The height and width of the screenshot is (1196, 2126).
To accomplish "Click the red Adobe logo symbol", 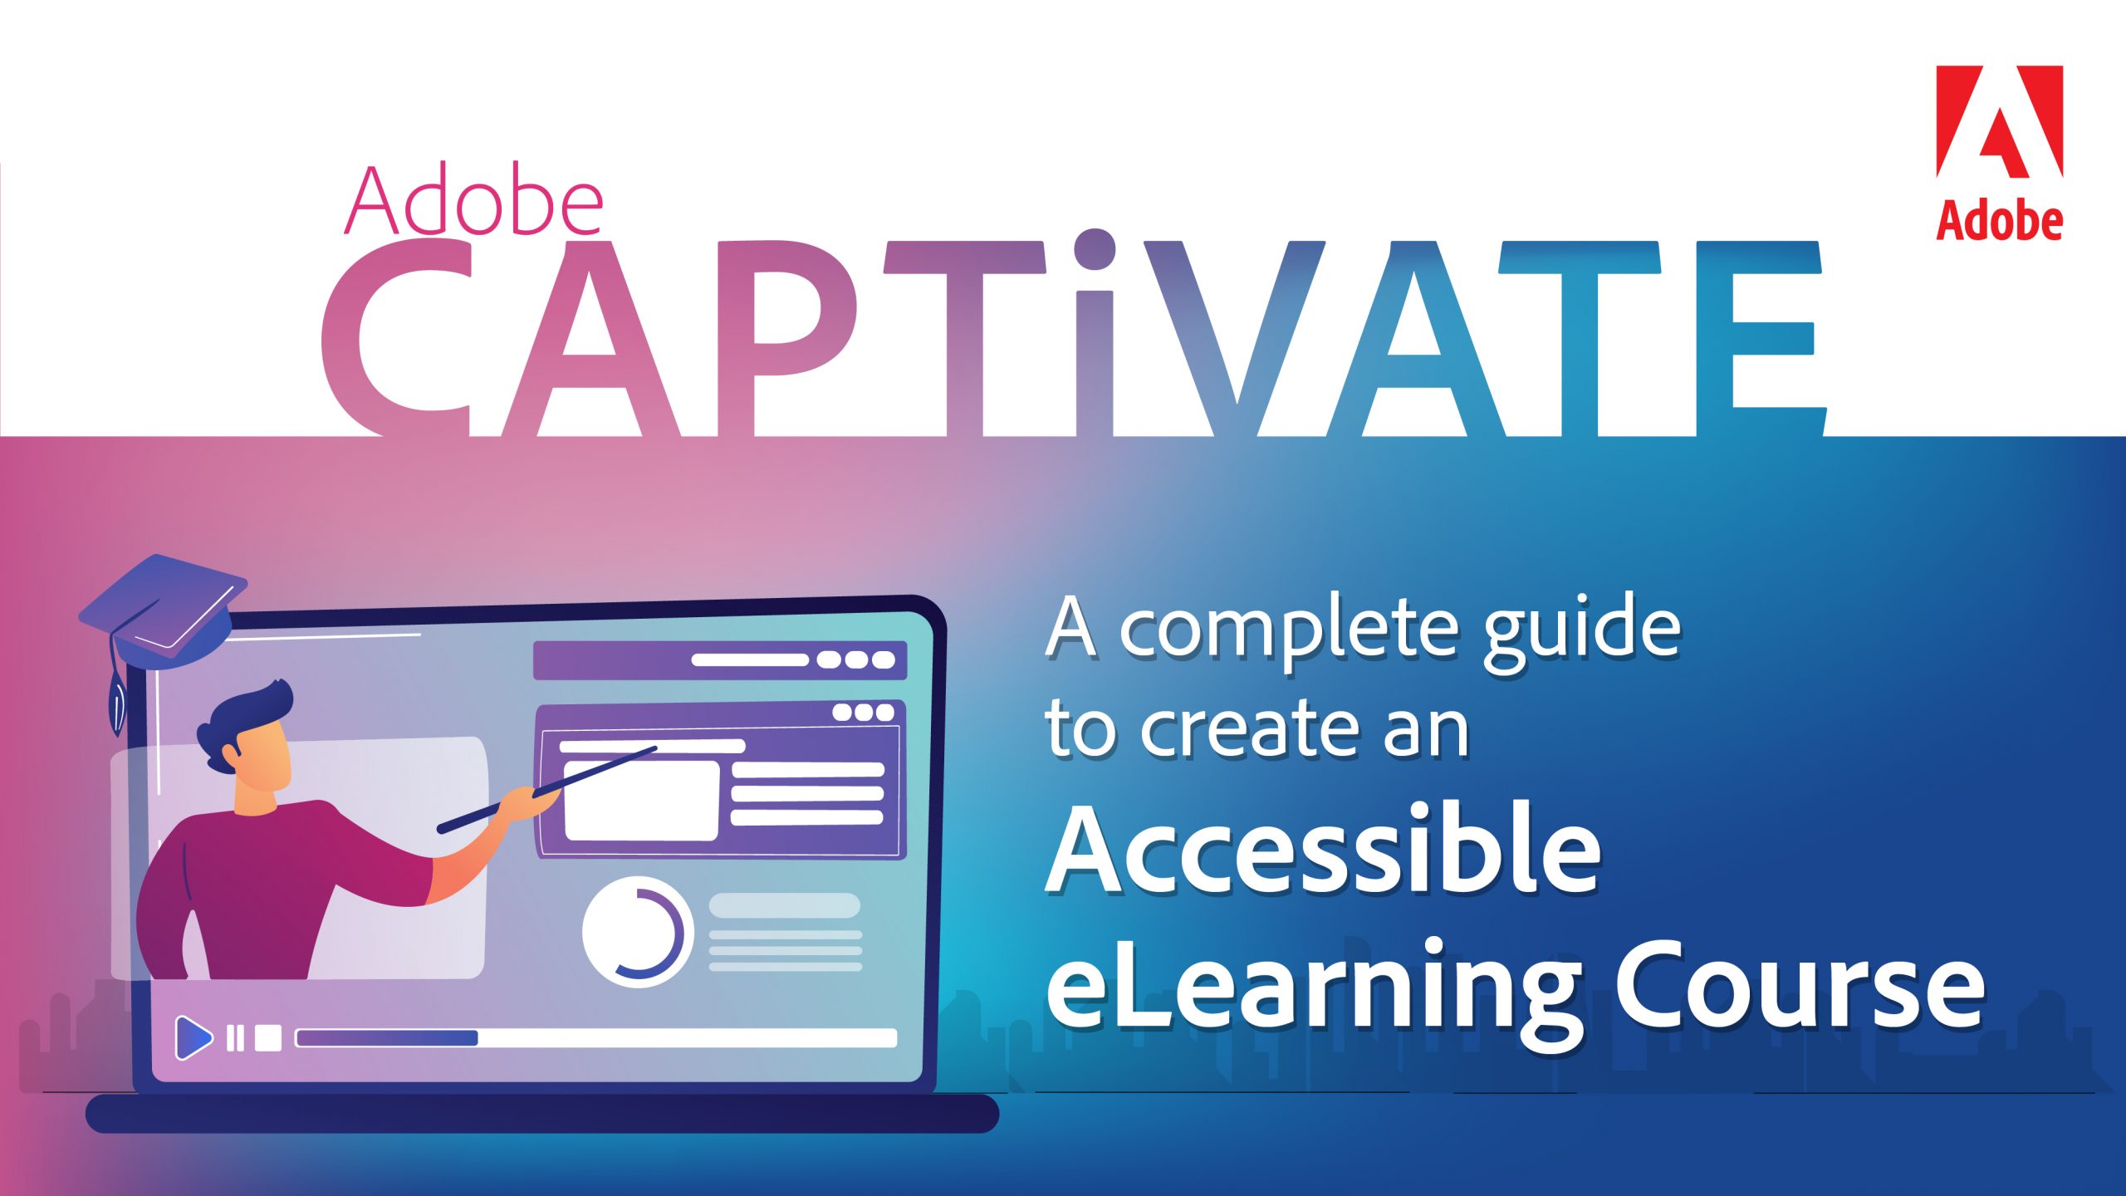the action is [x=1999, y=121].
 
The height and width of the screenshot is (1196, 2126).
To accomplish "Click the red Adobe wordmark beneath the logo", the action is [x=1999, y=220].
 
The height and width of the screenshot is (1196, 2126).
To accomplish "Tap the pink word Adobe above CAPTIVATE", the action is [x=473, y=200].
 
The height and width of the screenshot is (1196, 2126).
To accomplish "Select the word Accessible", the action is [x=1322, y=849].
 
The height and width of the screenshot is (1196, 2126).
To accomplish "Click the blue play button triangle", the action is [x=193, y=1037].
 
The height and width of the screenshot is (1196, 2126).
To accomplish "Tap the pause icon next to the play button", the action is [x=236, y=1038].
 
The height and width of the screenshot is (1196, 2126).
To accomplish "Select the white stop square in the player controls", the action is [x=268, y=1038].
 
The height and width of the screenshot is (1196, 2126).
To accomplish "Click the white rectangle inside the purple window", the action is [x=641, y=801].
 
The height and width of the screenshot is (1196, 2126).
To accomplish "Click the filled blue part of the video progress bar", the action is [x=388, y=1038].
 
